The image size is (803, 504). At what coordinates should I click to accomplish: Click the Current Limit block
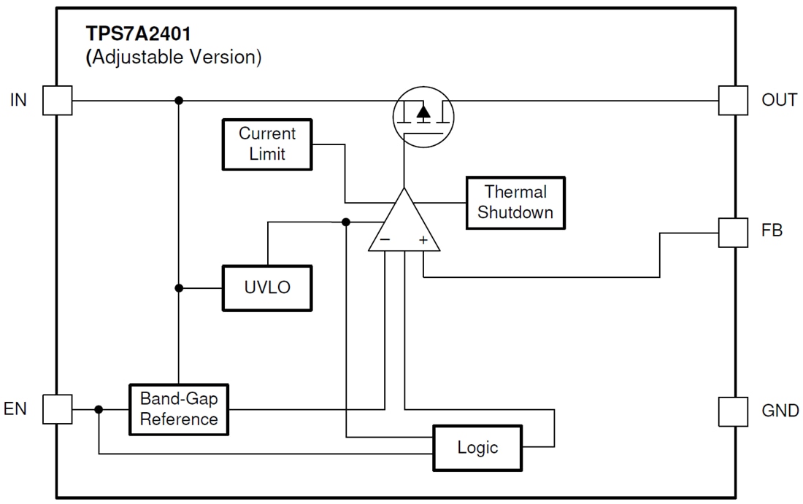point(267,144)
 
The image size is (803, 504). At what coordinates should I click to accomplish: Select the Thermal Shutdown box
point(515,202)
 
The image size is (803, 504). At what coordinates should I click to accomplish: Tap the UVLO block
point(267,287)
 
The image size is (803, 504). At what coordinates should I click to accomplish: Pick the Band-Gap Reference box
point(179,409)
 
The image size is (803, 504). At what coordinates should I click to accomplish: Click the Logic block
point(477,447)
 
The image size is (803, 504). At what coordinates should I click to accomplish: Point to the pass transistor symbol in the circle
point(423,113)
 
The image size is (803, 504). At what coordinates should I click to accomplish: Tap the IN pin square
point(58,100)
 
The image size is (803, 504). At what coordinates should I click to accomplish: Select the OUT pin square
point(733,100)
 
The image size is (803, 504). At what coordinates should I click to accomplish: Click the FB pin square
point(733,232)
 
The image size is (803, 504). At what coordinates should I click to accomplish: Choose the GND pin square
point(733,411)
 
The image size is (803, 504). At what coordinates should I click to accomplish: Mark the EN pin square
point(58,409)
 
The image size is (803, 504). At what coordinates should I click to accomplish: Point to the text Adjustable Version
point(174,57)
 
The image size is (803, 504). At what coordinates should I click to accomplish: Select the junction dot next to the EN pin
point(99,409)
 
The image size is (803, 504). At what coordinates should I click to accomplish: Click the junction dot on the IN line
point(179,100)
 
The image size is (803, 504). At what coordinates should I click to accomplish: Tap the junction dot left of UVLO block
point(179,288)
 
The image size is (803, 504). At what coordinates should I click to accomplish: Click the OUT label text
point(779,100)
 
